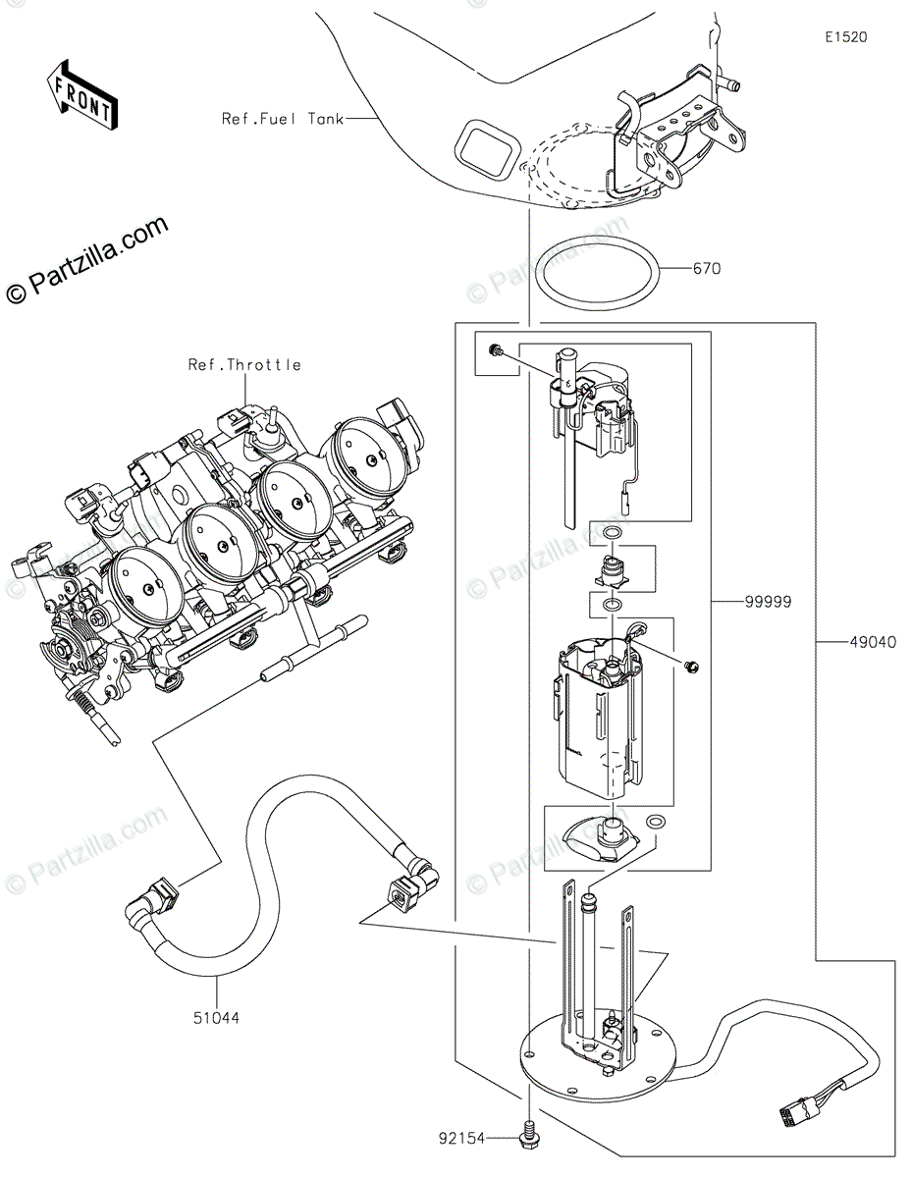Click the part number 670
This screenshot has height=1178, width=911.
click(706, 268)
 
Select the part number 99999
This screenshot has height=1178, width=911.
click(768, 602)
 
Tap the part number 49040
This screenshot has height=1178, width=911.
click(873, 642)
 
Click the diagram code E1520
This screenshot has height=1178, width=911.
click(846, 37)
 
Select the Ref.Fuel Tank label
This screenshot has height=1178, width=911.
click(283, 118)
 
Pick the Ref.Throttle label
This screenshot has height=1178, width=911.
click(244, 364)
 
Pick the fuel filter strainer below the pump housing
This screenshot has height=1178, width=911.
click(601, 842)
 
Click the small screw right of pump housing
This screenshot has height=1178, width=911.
click(691, 667)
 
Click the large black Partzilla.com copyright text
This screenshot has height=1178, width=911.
click(86, 259)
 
